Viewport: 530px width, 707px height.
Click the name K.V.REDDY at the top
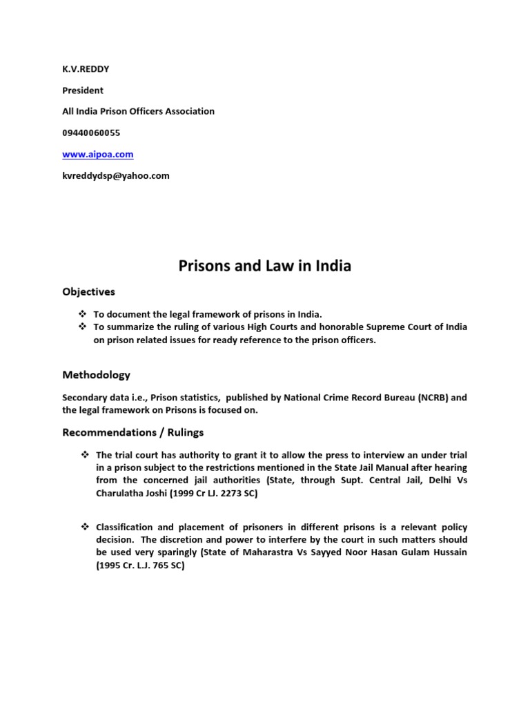86,69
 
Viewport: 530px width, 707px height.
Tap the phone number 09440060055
96,133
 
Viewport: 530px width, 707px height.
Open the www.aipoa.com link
98,155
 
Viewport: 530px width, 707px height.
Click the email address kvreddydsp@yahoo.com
116,176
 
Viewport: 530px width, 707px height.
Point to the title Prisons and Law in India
265,266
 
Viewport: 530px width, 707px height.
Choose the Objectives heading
89,292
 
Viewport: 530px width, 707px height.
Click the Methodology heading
96,376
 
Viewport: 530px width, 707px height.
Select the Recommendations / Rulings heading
133,433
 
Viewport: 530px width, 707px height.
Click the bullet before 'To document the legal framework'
84,314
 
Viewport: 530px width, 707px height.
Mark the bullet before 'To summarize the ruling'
84,327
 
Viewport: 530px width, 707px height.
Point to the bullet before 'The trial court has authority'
84,455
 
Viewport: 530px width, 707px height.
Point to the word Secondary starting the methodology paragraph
85,398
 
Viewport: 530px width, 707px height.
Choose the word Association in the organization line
188,111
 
